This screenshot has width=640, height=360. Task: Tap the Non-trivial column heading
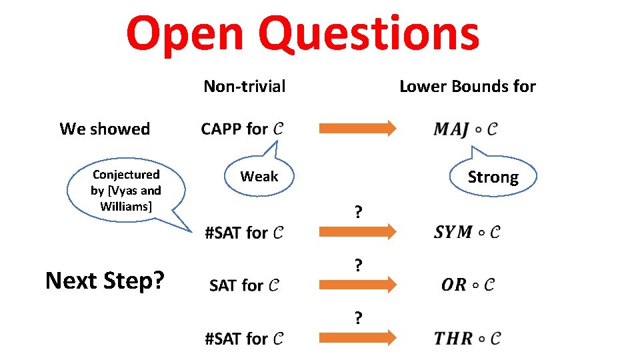point(244,86)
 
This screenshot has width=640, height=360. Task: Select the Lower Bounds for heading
point(467,86)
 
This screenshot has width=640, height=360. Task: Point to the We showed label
point(105,129)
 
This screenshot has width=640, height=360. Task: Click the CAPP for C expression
point(241,129)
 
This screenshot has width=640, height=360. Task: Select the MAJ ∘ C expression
point(465,129)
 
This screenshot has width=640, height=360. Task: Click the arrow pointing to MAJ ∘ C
point(357,129)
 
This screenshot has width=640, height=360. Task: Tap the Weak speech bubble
point(259,176)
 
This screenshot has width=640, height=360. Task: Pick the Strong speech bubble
point(493,177)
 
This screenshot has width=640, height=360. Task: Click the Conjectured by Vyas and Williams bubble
point(126,191)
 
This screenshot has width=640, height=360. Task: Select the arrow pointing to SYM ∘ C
point(357,231)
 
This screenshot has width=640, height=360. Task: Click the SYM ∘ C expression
point(467,232)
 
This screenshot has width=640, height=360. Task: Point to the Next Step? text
point(105,281)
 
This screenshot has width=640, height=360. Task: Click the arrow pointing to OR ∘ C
point(357,285)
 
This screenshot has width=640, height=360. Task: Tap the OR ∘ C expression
point(467,285)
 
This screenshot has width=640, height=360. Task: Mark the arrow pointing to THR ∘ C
point(357,338)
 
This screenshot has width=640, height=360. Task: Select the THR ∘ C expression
point(467,338)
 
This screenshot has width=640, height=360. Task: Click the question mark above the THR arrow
point(359,318)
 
